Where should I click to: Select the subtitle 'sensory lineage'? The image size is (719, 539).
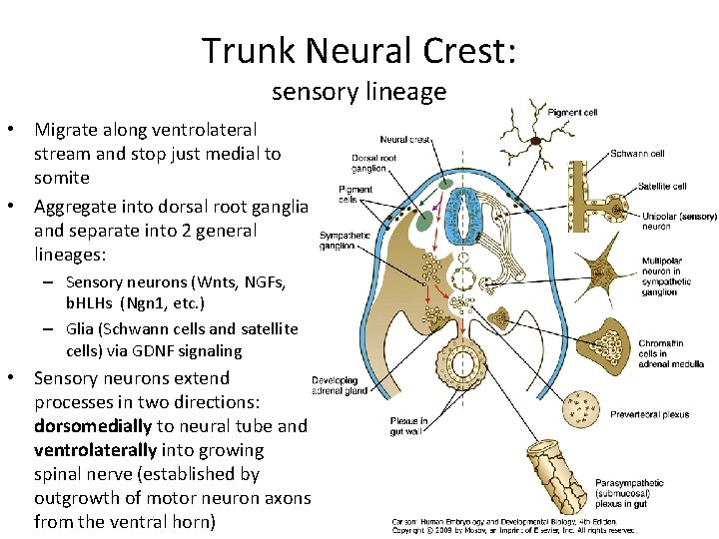click(359, 92)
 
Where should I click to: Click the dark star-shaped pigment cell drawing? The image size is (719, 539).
click(535, 141)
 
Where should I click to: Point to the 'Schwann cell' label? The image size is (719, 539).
click(637, 154)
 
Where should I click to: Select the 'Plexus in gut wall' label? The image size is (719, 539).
click(409, 426)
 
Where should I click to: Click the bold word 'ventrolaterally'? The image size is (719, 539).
click(96, 450)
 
